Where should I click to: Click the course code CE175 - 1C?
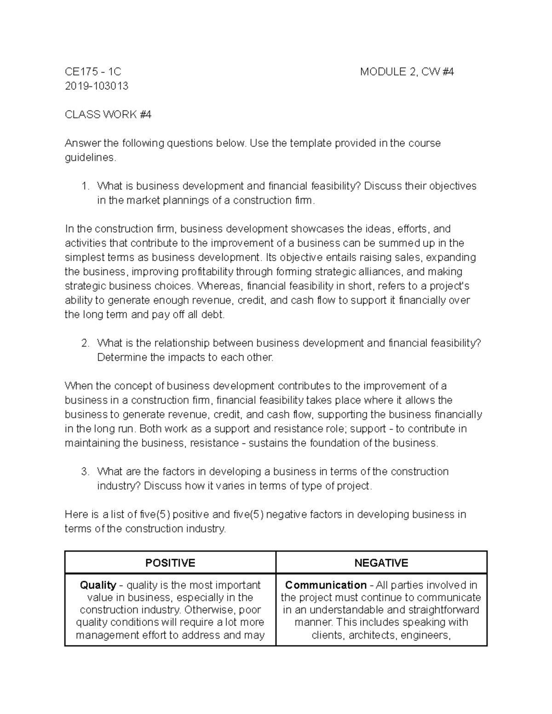pos(93,72)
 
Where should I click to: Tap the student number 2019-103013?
pos(97,86)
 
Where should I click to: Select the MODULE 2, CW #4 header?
pos(407,72)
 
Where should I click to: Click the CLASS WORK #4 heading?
pos(108,114)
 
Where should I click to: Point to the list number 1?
pos(84,186)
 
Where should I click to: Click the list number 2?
pos(84,343)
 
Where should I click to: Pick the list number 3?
pos(84,472)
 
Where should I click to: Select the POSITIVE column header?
pos(170,563)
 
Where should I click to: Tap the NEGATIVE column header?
pos(381,563)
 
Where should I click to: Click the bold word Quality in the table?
pos(98,585)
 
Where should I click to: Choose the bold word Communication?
pos(326,585)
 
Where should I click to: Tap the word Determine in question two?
pos(122,358)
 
